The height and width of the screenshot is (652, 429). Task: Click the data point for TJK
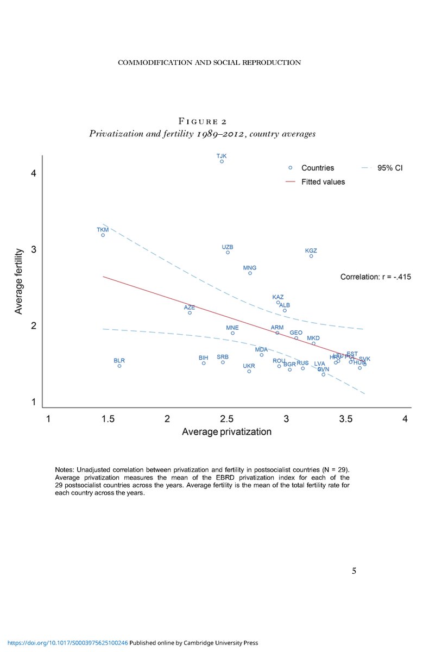pyautogui.click(x=222, y=161)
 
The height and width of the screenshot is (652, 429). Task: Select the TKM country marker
pyautogui.click(x=103, y=235)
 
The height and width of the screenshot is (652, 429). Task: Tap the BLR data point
pyautogui.click(x=119, y=366)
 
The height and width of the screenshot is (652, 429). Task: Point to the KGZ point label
pyautogui.click(x=311, y=250)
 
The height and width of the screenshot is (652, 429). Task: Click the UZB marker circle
pyautogui.click(x=228, y=253)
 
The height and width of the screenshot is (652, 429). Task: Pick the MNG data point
pyautogui.click(x=250, y=273)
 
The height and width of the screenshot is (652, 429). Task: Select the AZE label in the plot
pyautogui.click(x=189, y=308)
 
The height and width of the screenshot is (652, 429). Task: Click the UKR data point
pyautogui.click(x=249, y=371)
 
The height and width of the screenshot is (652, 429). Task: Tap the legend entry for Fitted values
pyautogui.click(x=323, y=182)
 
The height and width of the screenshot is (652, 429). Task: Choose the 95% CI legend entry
pyautogui.click(x=389, y=168)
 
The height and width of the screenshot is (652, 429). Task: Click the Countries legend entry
pyautogui.click(x=318, y=168)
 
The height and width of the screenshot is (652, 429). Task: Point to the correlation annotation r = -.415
pyautogui.click(x=375, y=277)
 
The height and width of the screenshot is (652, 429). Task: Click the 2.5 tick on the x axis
pyautogui.click(x=227, y=419)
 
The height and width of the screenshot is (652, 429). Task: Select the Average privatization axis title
pyautogui.click(x=226, y=432)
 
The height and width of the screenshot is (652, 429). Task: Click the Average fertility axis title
pyautogui.click(x=19, y=281)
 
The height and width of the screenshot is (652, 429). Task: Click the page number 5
pyautogui.click(x=354, y=570)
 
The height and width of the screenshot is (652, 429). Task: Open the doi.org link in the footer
pyautogui.click(x=64, y=643)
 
